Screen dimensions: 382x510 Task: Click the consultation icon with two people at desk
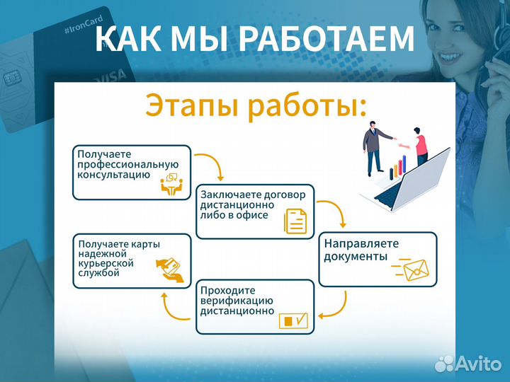click(x=171, y=184)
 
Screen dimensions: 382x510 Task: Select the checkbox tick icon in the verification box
click(x=294, y=320)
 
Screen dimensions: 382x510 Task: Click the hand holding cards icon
click(x=171, y=269)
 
